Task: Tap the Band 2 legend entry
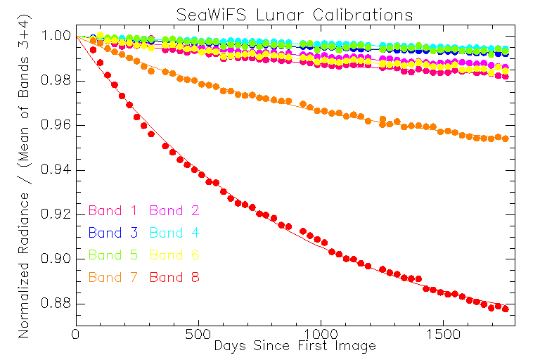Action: point(175,210)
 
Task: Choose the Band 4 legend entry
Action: point(175,233)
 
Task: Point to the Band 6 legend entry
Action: point(175,255)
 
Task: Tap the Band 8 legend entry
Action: point(175,278)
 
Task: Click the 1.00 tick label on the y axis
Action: point(56,37)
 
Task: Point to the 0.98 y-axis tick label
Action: point(56,81)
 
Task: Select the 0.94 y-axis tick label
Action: point(56,170)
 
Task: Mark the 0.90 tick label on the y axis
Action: point(56,259)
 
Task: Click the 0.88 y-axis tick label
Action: point(56,304)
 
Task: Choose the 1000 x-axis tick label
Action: point(320,334)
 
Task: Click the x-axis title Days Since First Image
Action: point(295,346)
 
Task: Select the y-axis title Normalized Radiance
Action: point(25,183)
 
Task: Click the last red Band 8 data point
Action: point(505,309)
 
